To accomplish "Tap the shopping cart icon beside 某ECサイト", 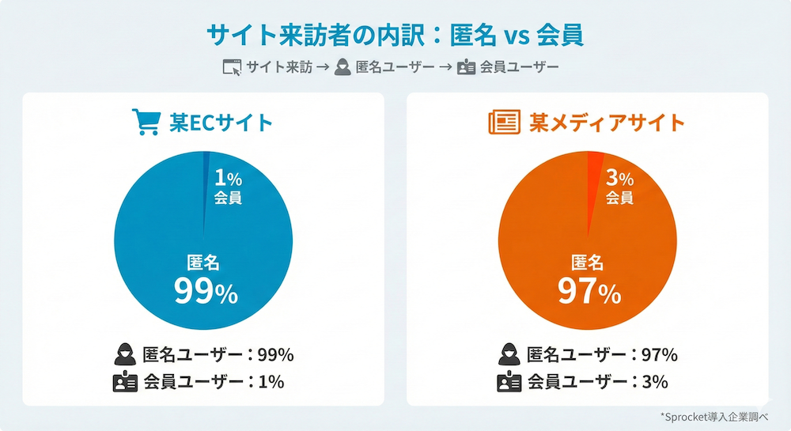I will click(145, 123).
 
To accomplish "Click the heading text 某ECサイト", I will click(221, 123).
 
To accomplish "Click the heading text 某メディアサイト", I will click(607, 123).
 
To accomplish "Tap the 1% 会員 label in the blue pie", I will click(228, 187).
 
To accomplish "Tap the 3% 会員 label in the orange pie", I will click(619, 187).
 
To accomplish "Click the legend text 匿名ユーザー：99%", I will click(218, 353).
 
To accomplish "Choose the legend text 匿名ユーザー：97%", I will click(602, 353).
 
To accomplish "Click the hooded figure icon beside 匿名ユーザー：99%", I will click(126, 353).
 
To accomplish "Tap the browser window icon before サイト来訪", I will click(232, 67).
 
